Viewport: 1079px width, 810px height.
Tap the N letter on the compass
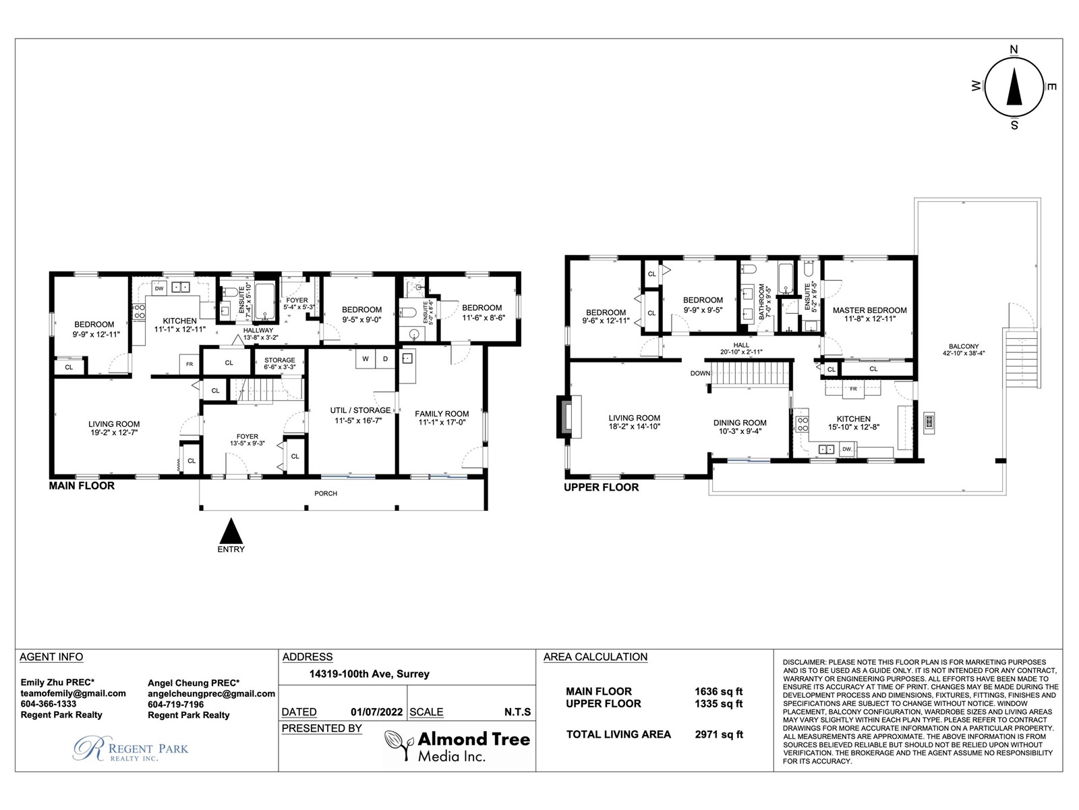(1014, 50)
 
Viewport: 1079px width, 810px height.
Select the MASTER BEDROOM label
(869, 310)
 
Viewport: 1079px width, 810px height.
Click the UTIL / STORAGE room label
(360, 410)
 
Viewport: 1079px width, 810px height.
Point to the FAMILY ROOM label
(442, 414)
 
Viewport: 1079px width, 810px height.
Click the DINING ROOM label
(740, 423)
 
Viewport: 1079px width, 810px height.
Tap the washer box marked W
(366, 358)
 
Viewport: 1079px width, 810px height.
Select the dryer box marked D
(385, 358)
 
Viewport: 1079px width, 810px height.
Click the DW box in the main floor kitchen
(159, 288)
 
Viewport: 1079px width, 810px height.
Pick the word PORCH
(326, 493)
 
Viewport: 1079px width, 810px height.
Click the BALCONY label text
(964, 346)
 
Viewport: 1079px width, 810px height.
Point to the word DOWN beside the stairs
(700, 373)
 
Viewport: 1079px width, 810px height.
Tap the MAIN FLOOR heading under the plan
(82, 486)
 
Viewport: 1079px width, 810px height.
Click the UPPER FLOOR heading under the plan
(601, 487)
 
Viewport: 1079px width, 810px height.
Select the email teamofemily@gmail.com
(74, 693)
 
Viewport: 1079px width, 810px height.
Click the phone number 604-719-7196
(175, 704)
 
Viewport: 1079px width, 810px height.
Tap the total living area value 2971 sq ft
(719, 734)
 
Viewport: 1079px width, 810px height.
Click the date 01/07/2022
(376, 712)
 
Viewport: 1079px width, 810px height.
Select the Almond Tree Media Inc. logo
(457, 746)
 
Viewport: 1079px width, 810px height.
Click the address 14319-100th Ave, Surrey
(369, 674)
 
